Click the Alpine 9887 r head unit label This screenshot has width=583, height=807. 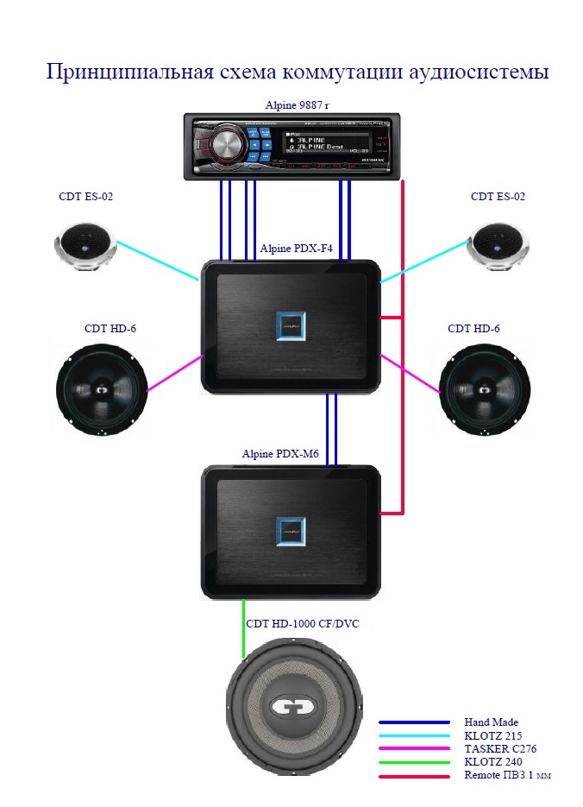[x=297, y=105]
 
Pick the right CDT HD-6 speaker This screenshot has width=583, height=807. [x=483, y=389]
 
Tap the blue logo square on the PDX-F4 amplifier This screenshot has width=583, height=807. [x=291, y=326]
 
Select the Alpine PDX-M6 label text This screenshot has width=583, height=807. [x=280, y=454]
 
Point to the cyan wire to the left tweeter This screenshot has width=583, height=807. [x=157, y=261]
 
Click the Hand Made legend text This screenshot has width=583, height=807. [x=491, y=722]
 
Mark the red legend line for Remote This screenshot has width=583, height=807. [x=415, y=776]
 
